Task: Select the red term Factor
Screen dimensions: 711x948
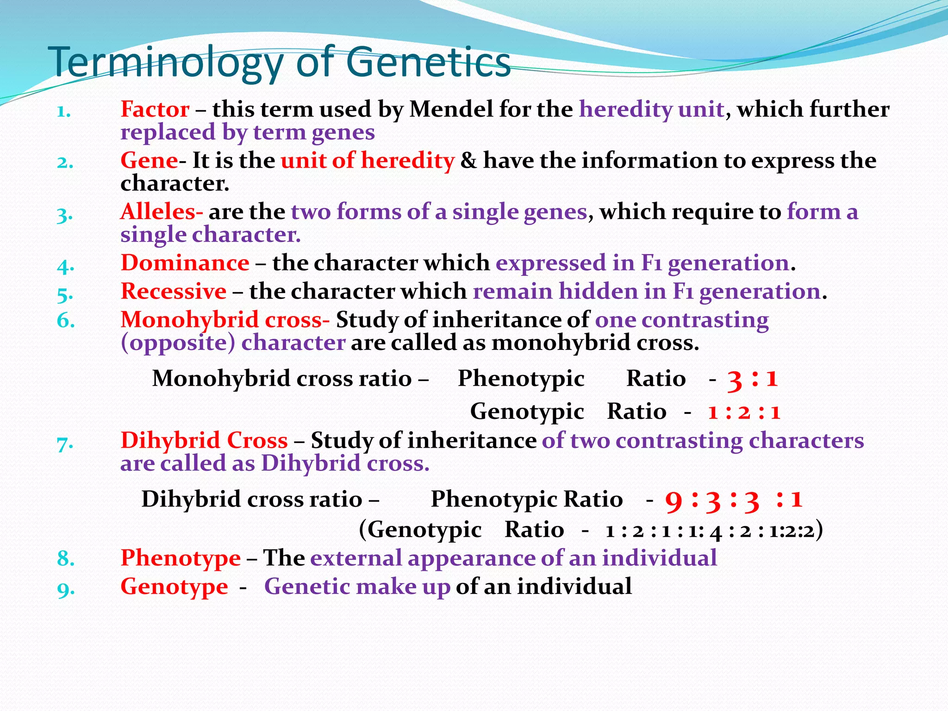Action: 155,110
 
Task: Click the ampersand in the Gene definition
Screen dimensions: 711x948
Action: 468,161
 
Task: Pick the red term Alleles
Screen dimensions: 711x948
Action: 161,212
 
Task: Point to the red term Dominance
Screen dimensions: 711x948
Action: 185,263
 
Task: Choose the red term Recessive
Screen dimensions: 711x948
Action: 174,292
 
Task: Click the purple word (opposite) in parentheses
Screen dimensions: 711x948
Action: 178,343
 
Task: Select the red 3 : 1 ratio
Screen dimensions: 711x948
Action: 753,379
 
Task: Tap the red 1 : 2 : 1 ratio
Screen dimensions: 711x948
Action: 744,412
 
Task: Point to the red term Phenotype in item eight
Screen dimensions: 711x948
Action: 181,558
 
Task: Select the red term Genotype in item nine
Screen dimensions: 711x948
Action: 174,586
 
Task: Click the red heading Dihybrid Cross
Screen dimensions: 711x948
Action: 204,440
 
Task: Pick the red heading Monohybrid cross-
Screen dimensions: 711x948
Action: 225,320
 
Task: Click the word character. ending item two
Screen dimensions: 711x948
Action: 175,184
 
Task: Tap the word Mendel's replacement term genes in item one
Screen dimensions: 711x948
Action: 343,132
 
